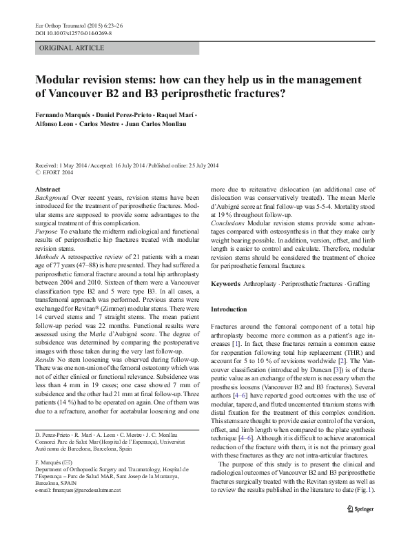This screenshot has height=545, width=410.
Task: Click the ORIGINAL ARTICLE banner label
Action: pyautogui.click(x=72, y=48)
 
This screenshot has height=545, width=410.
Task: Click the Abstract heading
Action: pyautogui.click(x=47, y=189)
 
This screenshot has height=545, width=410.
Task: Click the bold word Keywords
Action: pyautogui.click(x=226, y=284)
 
